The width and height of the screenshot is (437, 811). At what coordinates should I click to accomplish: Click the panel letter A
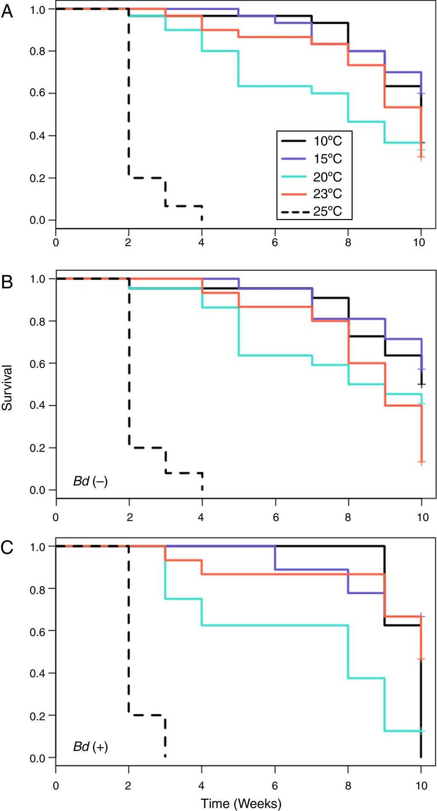click(x=7, y=10)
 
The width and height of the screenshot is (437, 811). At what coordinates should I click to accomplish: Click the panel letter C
click(x=7, y=547)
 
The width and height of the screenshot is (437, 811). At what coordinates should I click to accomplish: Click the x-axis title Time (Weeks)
click(x=241, y=803)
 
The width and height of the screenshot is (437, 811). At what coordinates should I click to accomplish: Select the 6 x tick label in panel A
click(x=275, y=242)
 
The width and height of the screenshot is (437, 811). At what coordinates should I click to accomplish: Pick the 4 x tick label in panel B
click(x=202, y=517)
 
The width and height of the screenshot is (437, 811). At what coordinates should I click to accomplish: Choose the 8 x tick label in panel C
click(x=348, y=785)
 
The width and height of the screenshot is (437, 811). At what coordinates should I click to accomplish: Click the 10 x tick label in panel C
click(x=422, y=785)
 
